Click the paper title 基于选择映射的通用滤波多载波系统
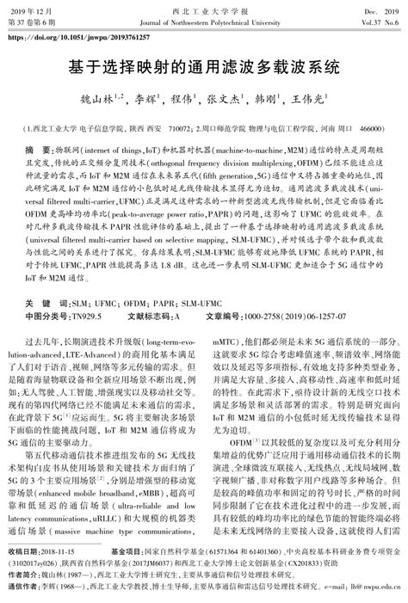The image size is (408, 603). click(204, 65)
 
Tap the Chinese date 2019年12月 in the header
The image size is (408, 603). click(33, 6)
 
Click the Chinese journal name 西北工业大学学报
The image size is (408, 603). click(204, 6)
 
